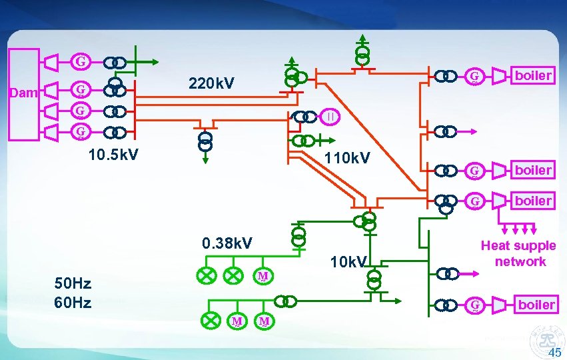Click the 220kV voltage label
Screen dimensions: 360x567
point(211,84)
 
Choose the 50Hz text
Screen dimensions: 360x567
point(73,285)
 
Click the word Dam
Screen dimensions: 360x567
point(24,93)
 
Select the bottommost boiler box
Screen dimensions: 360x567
point(536,305)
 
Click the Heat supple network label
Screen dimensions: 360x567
point(518,254)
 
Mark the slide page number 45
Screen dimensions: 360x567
point(554,352)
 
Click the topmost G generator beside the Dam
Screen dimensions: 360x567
point(81,63)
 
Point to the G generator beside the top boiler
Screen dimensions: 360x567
point(474,77)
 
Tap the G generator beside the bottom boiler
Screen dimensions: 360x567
point(474,305)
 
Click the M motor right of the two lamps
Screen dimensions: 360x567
point(263,276)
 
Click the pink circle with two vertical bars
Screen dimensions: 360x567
point(331,117)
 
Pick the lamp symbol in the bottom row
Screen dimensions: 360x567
point(211,321)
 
